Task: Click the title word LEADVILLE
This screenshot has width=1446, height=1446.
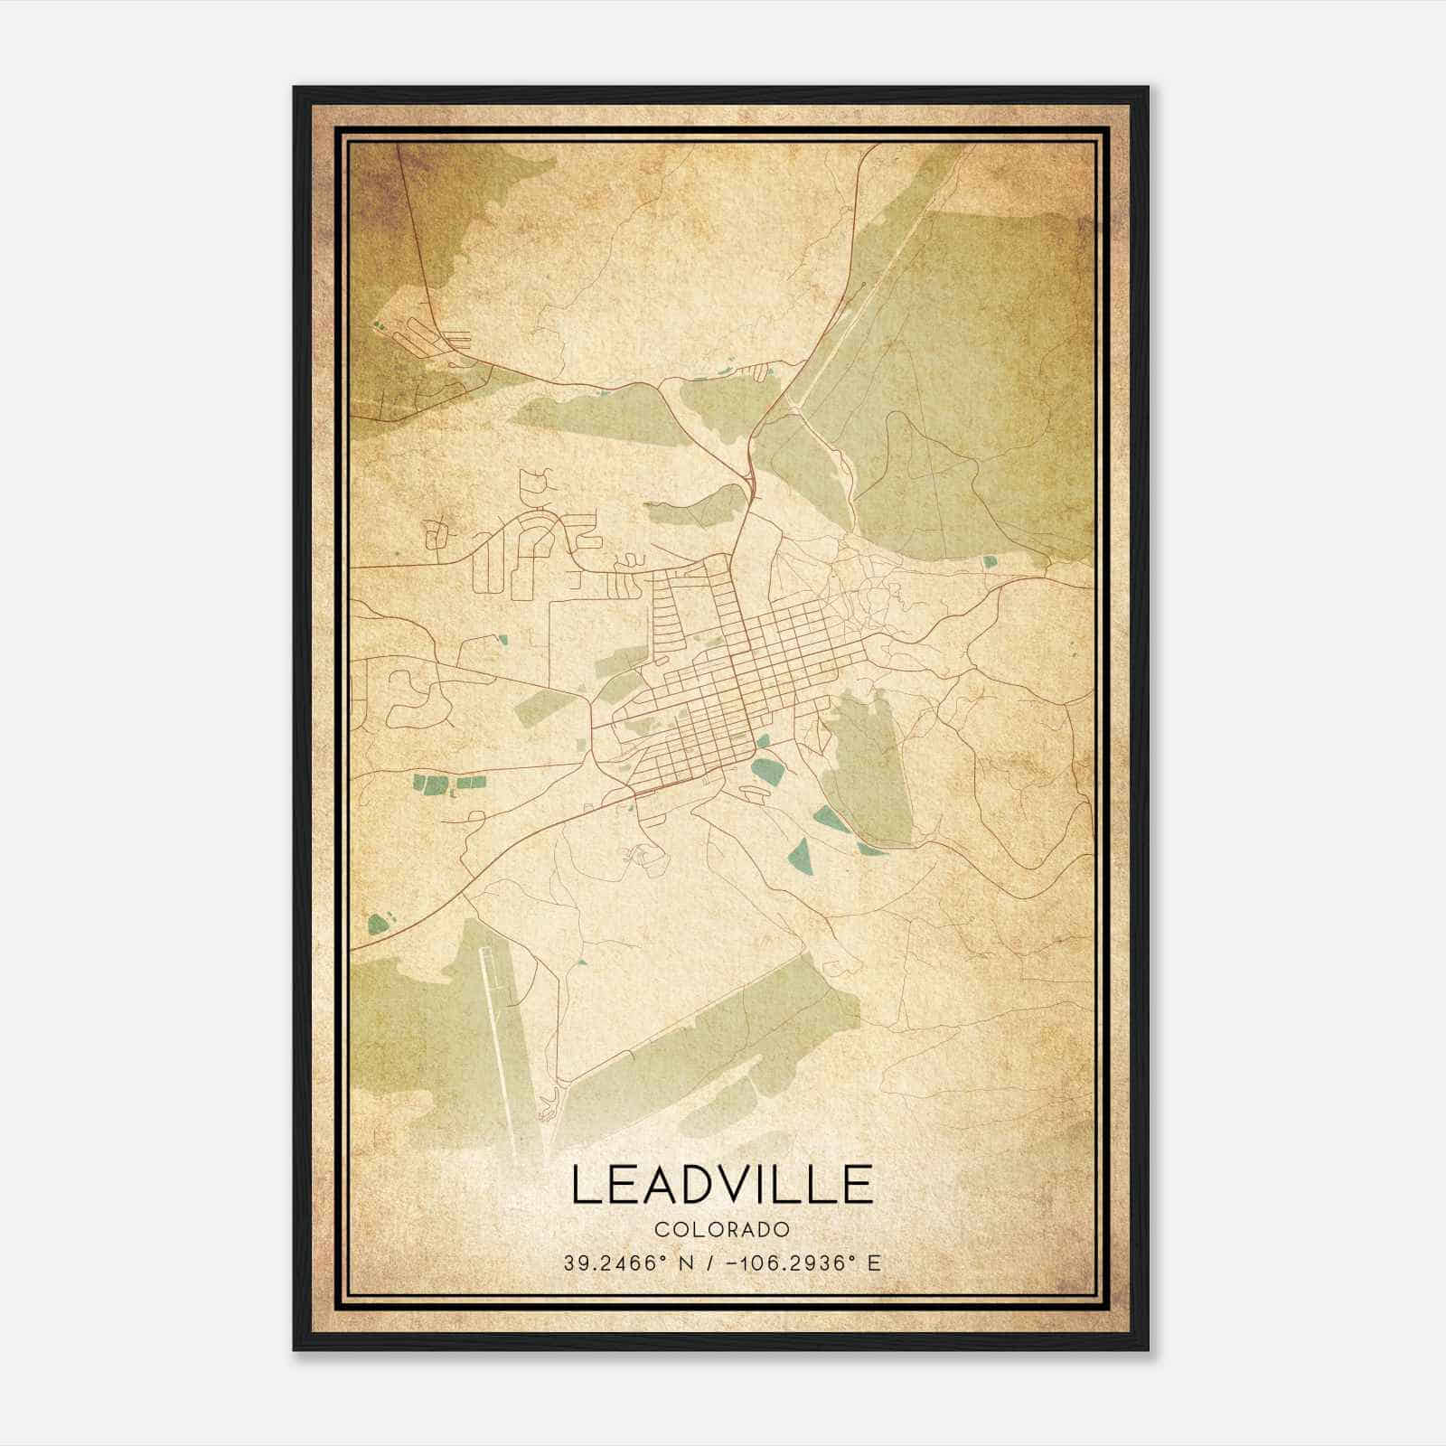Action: (x=722, y=1185)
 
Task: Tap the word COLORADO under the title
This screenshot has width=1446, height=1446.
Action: (x=722, y=1229)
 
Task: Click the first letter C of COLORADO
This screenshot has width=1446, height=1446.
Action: (x=662, y=1229)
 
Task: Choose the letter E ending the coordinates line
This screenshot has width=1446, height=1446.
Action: (x=874, y=1263)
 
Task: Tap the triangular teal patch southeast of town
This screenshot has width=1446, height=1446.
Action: (x=798, y=854)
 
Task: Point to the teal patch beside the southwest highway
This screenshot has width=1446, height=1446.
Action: (x=378, y=923)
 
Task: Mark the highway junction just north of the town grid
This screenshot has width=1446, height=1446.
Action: (x=750, y=488)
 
